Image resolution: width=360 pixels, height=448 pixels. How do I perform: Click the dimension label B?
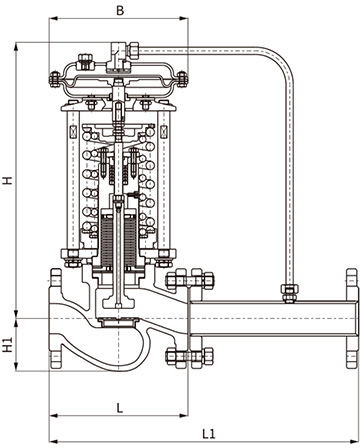120,10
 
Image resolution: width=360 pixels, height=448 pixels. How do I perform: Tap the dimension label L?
119,408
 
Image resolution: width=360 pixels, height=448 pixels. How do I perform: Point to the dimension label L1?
209,434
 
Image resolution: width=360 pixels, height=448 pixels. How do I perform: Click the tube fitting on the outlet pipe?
289,293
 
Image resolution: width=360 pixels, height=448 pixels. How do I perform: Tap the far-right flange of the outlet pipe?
352,319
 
